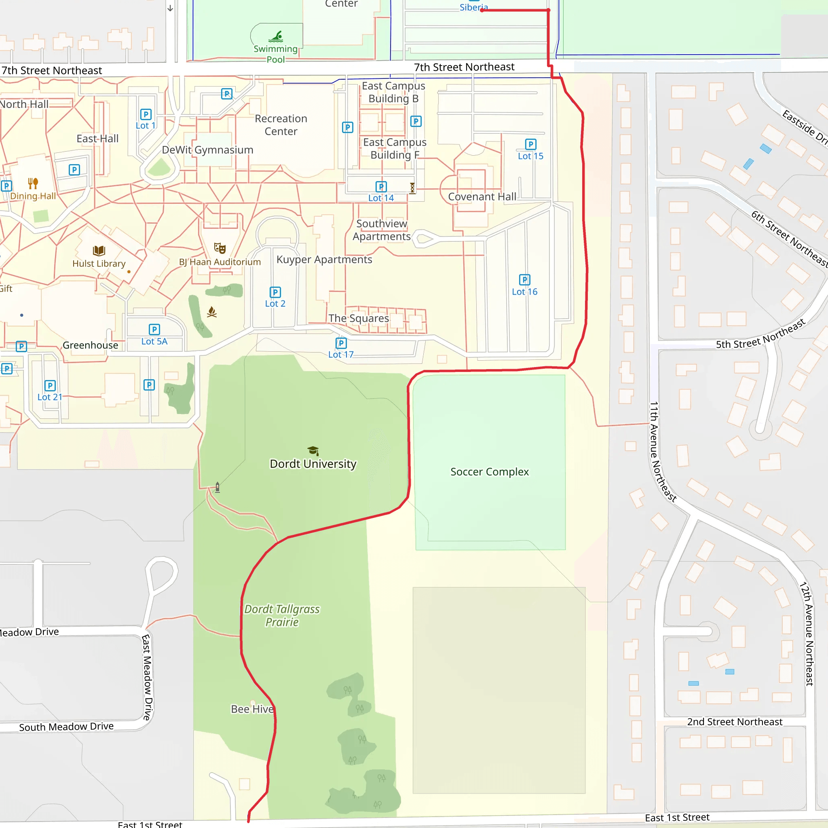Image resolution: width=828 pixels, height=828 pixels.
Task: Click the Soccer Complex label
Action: (x=490, y=472)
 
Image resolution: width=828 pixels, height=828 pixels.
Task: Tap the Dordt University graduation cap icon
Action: (x=313, y=450)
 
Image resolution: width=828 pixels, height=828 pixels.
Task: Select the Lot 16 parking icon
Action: (x=524, y=280)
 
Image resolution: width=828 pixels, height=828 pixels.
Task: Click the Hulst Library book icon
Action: (x=99, y=251)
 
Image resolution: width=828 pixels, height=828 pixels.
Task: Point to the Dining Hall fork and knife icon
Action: (x=33, y=184)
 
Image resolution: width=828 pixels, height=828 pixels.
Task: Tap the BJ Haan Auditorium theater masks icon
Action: (x=220, y=248)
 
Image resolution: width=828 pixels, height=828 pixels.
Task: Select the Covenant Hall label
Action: (x=482, y=197)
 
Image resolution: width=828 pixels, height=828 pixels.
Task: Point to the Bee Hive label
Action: (x=252, y=709)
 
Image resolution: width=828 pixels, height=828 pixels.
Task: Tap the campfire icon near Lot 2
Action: (x=212, y=312)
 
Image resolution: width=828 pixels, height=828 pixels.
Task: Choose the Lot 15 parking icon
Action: (x=530, y=144)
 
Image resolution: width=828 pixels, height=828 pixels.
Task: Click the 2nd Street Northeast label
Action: (x=735, y=722)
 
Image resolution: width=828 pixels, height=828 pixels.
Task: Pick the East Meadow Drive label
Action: (x=147, y=677)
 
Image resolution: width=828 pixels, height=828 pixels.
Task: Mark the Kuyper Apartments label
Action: (x=324, y=260)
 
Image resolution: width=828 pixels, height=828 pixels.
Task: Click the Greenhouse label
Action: (x=91, y=345)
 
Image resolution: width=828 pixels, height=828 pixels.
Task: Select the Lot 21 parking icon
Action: (x=50, y=385)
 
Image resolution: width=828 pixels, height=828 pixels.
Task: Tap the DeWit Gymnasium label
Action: (x=207, y=150)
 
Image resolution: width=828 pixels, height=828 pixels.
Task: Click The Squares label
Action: (x=359, y=319)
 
